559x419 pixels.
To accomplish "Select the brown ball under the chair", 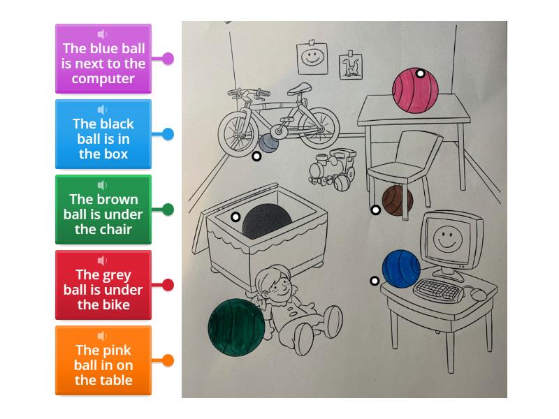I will pyautogui.click(x=398, y=200).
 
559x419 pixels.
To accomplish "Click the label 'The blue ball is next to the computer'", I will pyautogui.click(x=103, y=59).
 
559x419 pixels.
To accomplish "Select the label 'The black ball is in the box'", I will pyautogui.click(x=103, y=135).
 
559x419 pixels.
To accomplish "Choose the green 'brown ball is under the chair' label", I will pyautogui.click(x=103, y=210).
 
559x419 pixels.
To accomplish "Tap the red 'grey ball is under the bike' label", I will pyautogui.click(x=103, y=286).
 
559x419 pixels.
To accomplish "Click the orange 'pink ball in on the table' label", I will pyautogui.click(x=103, y=361).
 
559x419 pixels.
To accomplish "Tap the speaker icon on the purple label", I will pyautogui.click(x=103, y=34).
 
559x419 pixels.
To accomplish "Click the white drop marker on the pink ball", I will pyautogui.click(x=421, y=73).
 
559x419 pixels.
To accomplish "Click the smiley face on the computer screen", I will pyautogui.click(x=447, y=238).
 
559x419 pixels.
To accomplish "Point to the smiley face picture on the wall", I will pyautogui.click(x=311, y=58).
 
